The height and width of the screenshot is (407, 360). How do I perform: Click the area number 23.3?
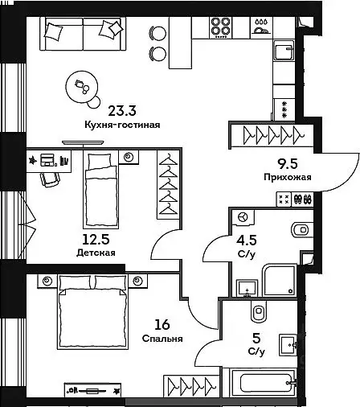point(122,110)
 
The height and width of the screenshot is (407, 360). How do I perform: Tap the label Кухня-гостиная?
point(122,125)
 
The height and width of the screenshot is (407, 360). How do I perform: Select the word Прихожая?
point(288,177)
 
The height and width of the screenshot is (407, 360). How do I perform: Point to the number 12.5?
point(96,240)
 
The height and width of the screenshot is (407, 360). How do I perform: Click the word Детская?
point(96,253)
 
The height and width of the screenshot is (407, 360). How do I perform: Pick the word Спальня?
point(162,339)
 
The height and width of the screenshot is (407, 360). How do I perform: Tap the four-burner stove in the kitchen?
point(220,27)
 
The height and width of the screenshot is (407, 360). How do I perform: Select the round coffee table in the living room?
point(82,87)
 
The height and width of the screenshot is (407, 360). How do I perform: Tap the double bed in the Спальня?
point(92,311)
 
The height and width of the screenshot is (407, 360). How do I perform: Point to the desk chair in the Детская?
point(50,179)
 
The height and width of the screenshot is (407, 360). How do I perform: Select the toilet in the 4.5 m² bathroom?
point(302,230)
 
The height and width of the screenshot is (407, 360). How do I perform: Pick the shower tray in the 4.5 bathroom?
point(279,280)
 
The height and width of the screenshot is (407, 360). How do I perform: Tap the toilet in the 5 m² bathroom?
point(259,311)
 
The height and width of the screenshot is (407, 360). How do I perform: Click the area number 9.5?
point(288,164)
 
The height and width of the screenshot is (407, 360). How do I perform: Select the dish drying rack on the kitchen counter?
point(261,27)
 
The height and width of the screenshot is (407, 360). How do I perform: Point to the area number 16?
point(162,325)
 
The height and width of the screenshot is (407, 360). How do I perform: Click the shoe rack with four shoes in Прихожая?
point(303,199)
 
